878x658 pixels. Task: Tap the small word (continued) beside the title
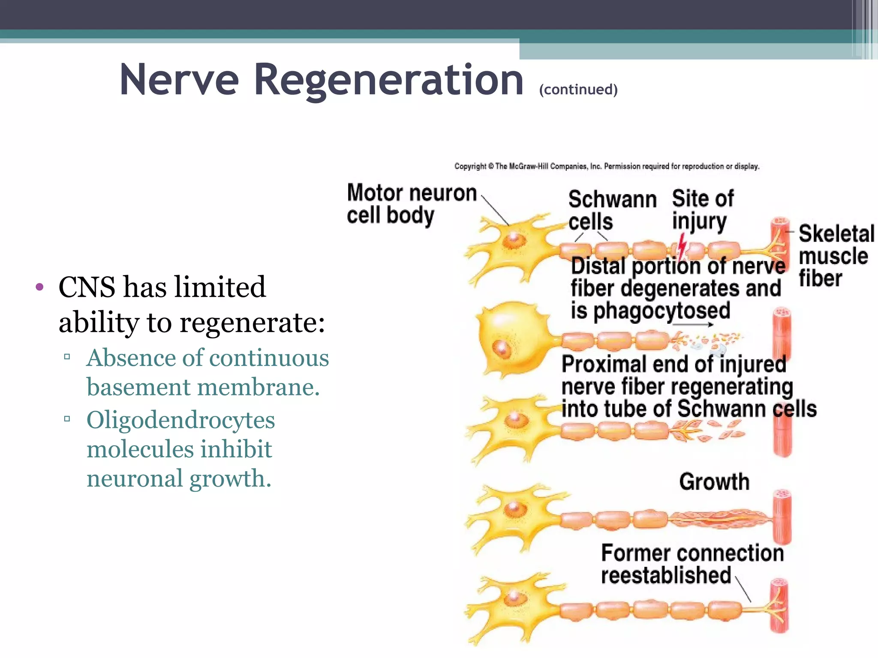click(578, 90)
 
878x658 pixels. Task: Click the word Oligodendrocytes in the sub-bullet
click(180, 420)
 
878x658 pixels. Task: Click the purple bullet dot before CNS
click(40, 287)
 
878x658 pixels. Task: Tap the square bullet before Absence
click(67, 356)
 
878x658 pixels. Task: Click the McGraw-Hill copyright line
click(607, 166)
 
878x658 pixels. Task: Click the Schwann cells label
click(612, 210)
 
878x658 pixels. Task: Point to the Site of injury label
click(702, 210)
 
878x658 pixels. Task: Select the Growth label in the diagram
click(714, 482)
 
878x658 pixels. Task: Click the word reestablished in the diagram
click(665, 575)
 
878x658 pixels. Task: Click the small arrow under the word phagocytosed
click(693, 324)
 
